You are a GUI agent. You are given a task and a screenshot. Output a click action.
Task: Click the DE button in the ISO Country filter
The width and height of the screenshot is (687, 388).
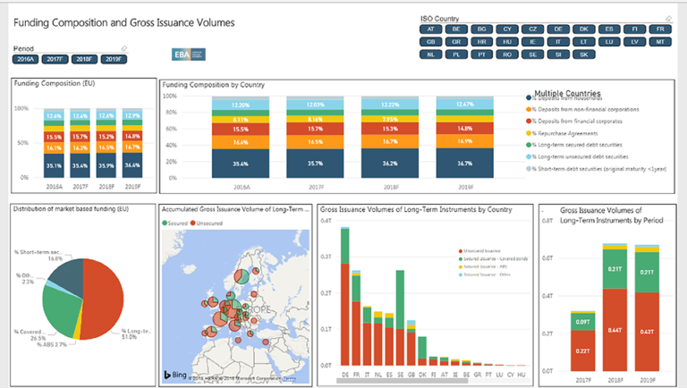[x=558, y=30]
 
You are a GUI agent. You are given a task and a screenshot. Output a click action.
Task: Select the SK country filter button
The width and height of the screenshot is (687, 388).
[x=583, y=55]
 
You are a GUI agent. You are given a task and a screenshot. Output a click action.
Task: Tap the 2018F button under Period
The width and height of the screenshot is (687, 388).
[x=84, y=59]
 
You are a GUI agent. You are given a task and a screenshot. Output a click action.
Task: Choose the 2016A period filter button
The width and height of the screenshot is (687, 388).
[x=25, y=59]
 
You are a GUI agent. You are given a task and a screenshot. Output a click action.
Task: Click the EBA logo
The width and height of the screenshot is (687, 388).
[x=189, y=55]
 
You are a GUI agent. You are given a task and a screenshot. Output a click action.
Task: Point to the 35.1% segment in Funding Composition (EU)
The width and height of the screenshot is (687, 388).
[x=55, y=165]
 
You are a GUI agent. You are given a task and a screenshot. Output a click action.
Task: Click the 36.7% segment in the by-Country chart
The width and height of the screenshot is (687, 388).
[x=466, y=164]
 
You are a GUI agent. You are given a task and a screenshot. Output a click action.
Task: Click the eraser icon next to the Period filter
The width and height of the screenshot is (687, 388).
[x=123, y=48]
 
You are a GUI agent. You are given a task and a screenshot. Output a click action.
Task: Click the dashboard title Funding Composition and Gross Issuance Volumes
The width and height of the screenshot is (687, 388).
[x=124, y=22]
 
